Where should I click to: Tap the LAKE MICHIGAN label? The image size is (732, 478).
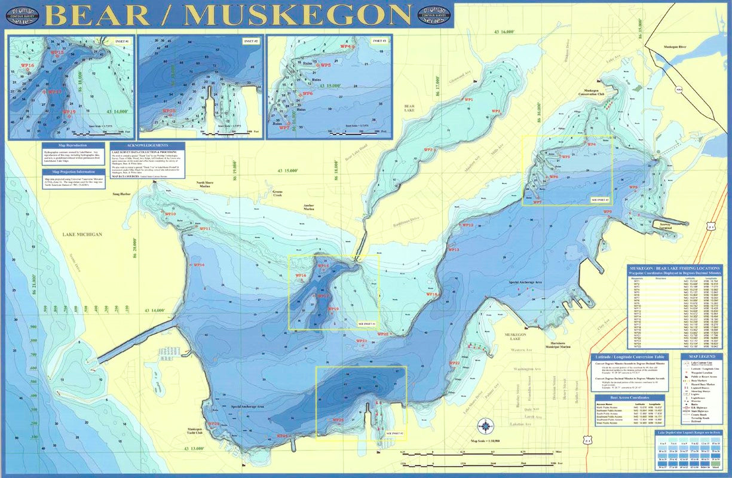coord(82,234)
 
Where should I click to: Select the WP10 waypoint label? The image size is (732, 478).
coord(170,214)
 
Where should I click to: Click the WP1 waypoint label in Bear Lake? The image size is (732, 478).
coord(468,100)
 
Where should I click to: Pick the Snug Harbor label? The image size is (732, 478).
coord(121,194)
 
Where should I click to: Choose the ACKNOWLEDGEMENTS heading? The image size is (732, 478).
coord(148,145)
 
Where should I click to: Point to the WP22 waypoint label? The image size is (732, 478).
coord(454,363)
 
